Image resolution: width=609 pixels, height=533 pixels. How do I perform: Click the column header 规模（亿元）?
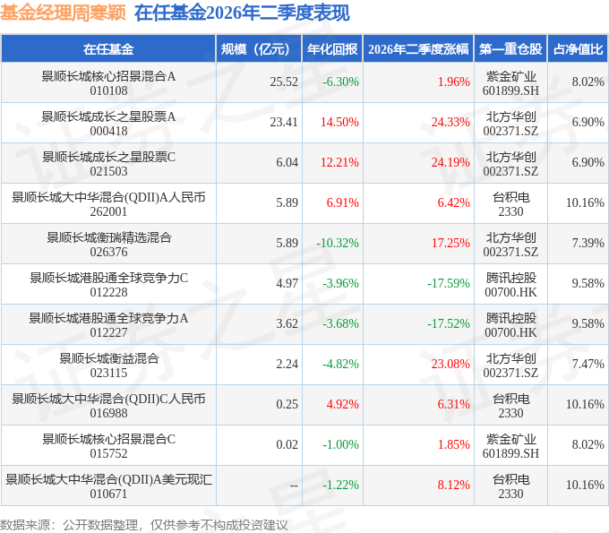[x=255, y=49]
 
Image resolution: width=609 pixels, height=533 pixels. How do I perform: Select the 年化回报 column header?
[x=332, y=49]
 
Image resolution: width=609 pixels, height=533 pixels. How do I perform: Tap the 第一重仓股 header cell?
[x=510, y=49]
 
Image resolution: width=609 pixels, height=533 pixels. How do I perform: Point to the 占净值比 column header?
[x=578, y=49]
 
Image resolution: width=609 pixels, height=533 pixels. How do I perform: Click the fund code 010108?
[x=108, y=90]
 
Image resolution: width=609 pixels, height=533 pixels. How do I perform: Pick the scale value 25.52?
[x=284, y=82]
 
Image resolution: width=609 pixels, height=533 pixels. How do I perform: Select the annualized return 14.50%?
[x=339, y=123]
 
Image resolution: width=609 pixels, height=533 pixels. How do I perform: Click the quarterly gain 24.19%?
[x=450, y=162]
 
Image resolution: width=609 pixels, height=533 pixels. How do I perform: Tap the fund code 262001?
[x=108, y=211]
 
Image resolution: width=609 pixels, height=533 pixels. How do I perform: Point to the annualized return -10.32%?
[x=338, y=243]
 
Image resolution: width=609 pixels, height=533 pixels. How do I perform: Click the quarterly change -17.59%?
[x=449, y=284]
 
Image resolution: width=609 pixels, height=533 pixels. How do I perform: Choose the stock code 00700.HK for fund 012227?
[x=510, y=333]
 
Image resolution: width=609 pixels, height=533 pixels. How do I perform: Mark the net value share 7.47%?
[x=588, y=364]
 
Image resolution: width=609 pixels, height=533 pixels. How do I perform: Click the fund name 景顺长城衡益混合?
[x=108, y=358]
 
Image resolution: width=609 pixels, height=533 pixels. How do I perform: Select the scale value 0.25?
[x=287, y=404]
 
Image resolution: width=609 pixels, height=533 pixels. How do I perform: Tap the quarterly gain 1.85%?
[x=454, y=445]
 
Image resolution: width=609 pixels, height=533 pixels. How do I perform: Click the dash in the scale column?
[x=294, y=486]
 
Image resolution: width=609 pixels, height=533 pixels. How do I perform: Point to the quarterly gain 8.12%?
[x=454, y=485]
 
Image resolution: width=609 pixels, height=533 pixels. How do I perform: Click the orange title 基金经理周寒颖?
[x=63, y=13]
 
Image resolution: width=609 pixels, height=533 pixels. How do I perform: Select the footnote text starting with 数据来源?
[x=143, y=525]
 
